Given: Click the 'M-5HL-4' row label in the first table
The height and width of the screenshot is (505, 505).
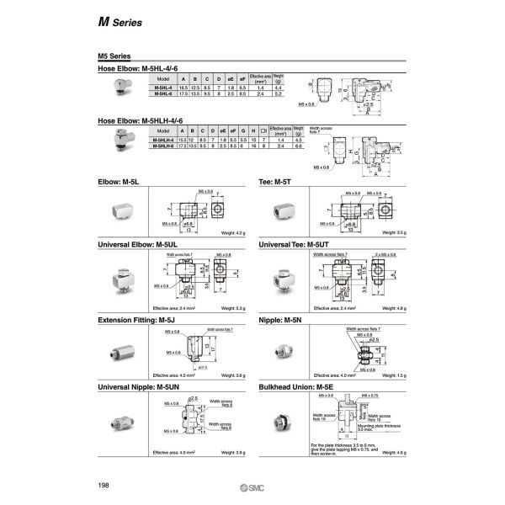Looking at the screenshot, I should tap(163, 87).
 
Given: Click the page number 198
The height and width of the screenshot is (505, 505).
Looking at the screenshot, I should tap(105, 486).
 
